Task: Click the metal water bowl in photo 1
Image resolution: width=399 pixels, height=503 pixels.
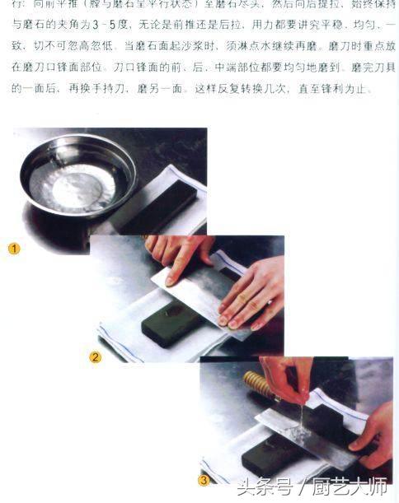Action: click(x=78, y=176)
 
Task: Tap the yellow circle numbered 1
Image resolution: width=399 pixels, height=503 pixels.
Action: click(x=14, y=248)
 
